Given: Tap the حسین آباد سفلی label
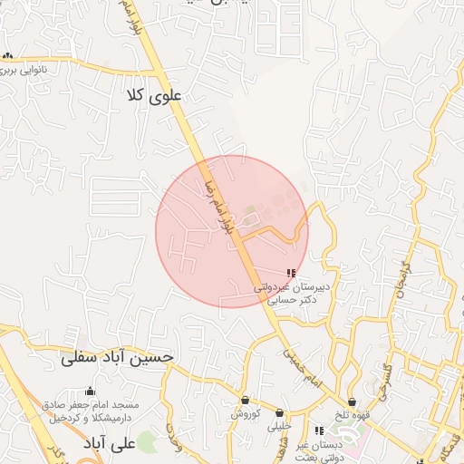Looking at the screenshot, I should click(x=117, y=358).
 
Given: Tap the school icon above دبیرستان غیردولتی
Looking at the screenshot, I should click(x=291, y=272).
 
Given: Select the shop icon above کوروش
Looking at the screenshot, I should click(x=245, y=400).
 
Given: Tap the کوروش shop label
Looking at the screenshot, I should click(x=245, y=413).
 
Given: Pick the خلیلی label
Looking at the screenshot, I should click(x=284, y=425).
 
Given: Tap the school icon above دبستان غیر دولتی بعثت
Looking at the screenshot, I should click(x=318, y=430).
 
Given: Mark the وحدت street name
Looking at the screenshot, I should click(x=173, y=430).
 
